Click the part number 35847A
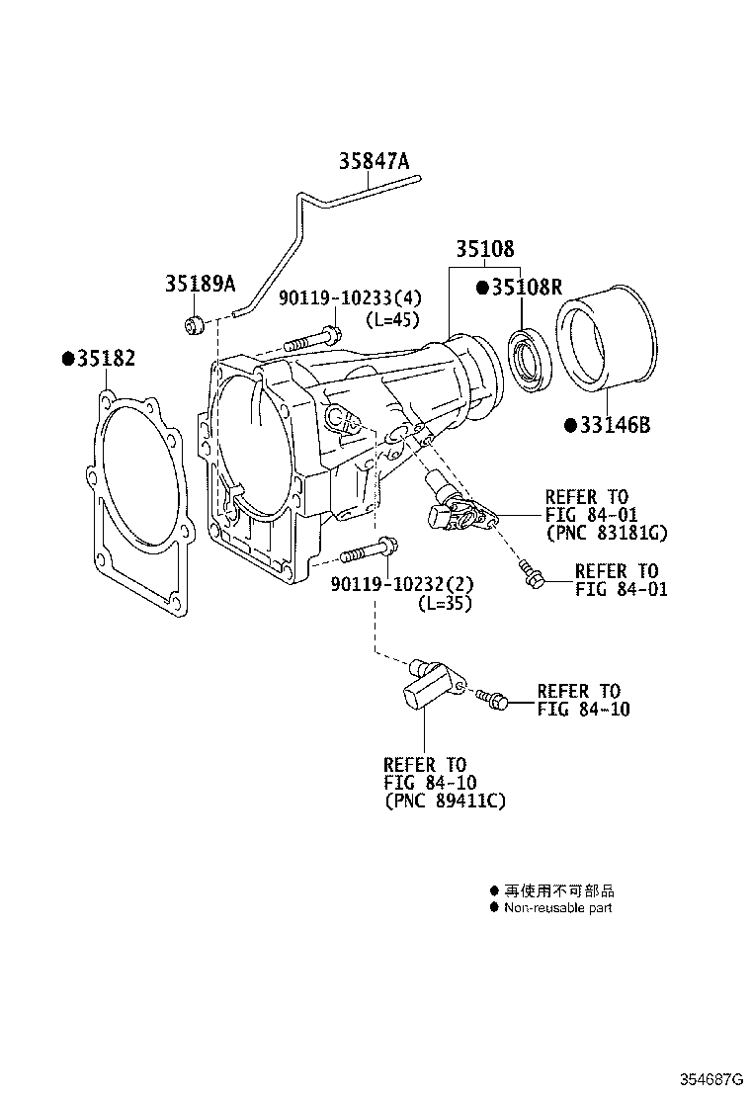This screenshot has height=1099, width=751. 374,161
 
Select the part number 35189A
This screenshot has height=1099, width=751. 200,285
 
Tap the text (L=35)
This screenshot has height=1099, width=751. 443,603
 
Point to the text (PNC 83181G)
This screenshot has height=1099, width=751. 606,533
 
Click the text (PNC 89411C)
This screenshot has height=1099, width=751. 445,801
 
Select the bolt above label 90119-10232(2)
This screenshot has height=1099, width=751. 370,549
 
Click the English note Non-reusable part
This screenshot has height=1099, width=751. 557,907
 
